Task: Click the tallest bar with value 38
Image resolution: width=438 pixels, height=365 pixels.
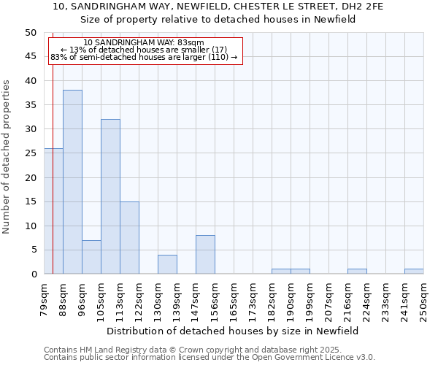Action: pyautogui.click(x=72, y=182)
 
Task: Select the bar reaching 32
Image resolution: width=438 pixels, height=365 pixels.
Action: pyautogui.click(x=110, y=196)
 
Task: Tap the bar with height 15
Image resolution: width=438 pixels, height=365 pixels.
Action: pyautogui.click(x=129, y=237)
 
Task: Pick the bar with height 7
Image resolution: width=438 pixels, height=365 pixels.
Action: pyautogui.click(x=91, y=257)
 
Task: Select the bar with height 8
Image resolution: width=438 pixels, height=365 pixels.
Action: pyautogui.click(x=205, y=254)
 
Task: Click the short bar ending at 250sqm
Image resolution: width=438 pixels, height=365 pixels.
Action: pyautogui.click(x=414, y=272)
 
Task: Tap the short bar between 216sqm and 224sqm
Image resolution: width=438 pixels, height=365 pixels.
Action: pyautogui.click(x=357, y=272)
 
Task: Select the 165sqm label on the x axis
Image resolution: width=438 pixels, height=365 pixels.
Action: pyautogui.click(x=234, y=301)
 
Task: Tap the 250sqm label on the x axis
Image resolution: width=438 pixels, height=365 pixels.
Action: pyautogui.click(x=423, y=301)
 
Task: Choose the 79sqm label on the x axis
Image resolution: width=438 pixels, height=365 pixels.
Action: pyautogui.click(x=44, y=301)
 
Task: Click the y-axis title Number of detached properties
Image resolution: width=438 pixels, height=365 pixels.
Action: pyautogui.click(x=7, y=156)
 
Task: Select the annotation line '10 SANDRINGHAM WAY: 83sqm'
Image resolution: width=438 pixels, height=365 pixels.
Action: pyautogui.click(x=144, y=42)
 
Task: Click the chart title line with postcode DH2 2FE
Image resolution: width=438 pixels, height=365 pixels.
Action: pyautogui.click(x=218, y=6)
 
